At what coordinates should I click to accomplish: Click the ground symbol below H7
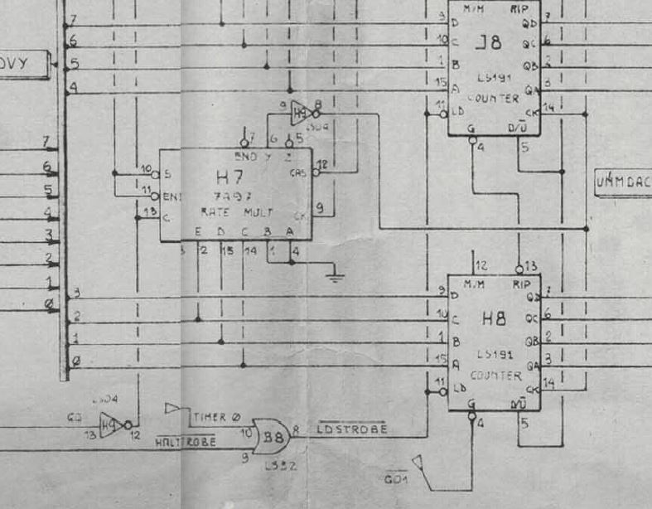pyautogui.click(x=335, y=274)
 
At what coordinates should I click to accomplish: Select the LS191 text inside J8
pyautogui.click(x=494, y=78)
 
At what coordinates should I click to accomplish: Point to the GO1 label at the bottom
pyautogui.click(x=396, y=479)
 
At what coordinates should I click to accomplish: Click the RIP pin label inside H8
pyautogui.click(x=522, y=284)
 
